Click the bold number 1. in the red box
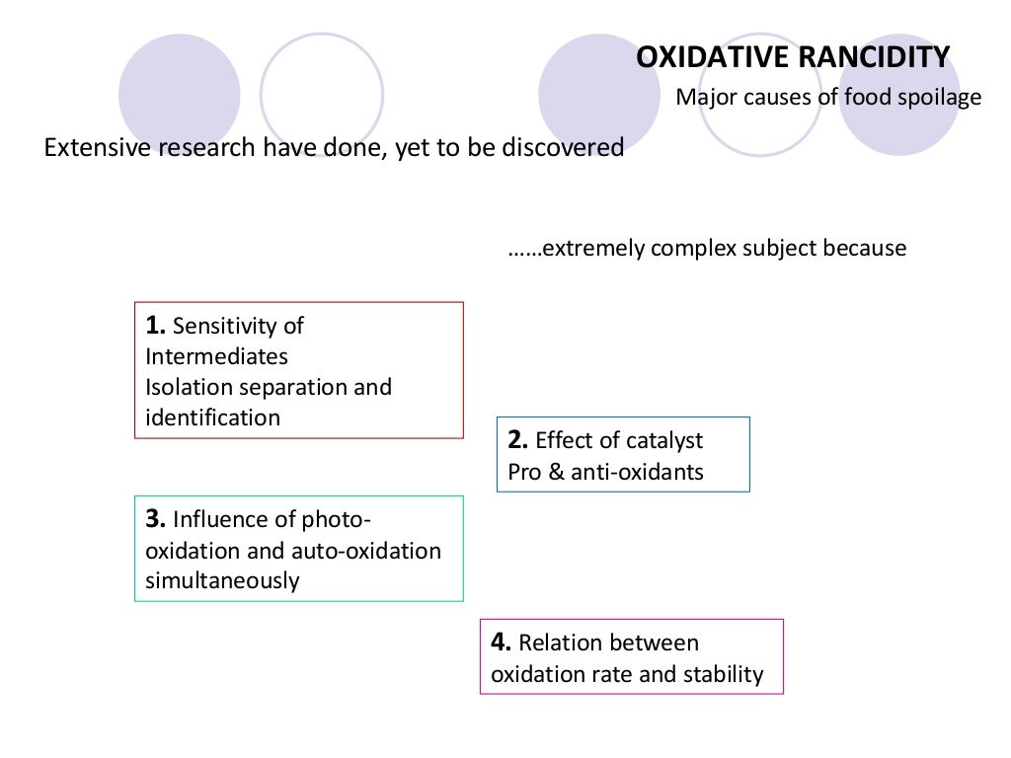[x=156, y=326]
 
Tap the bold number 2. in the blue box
[x=518, y=440]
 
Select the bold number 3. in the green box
[x=156, y=519]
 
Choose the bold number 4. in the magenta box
[x=502, y=643]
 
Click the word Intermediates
[x=216, y=355]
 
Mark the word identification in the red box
[x=212, y=417]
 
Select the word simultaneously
[x=221, y=580]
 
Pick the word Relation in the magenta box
[x=558, y=644]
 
